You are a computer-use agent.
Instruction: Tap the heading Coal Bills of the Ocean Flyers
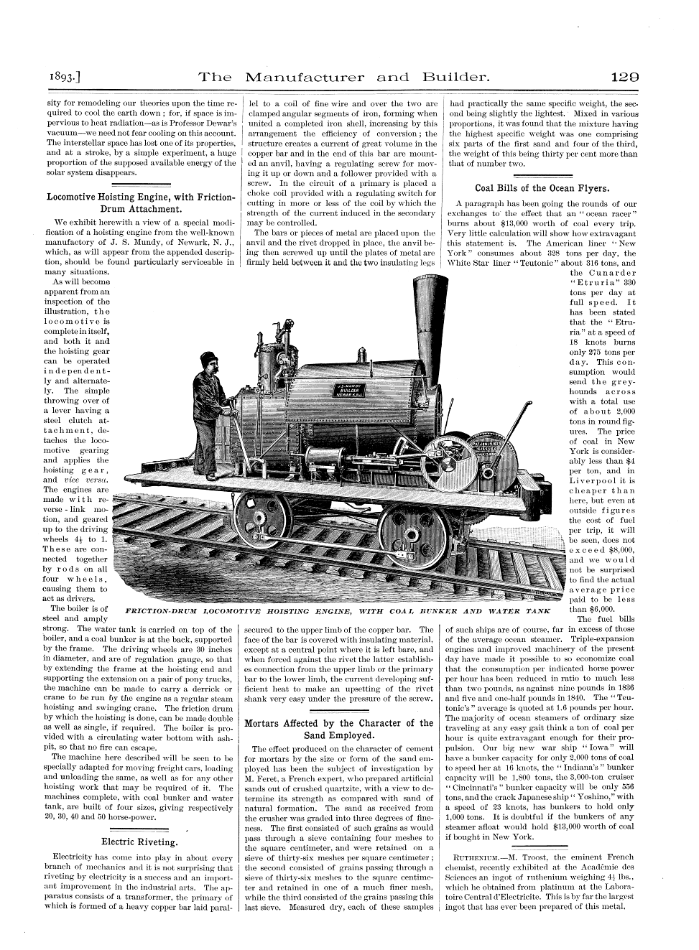tap(542, 189)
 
